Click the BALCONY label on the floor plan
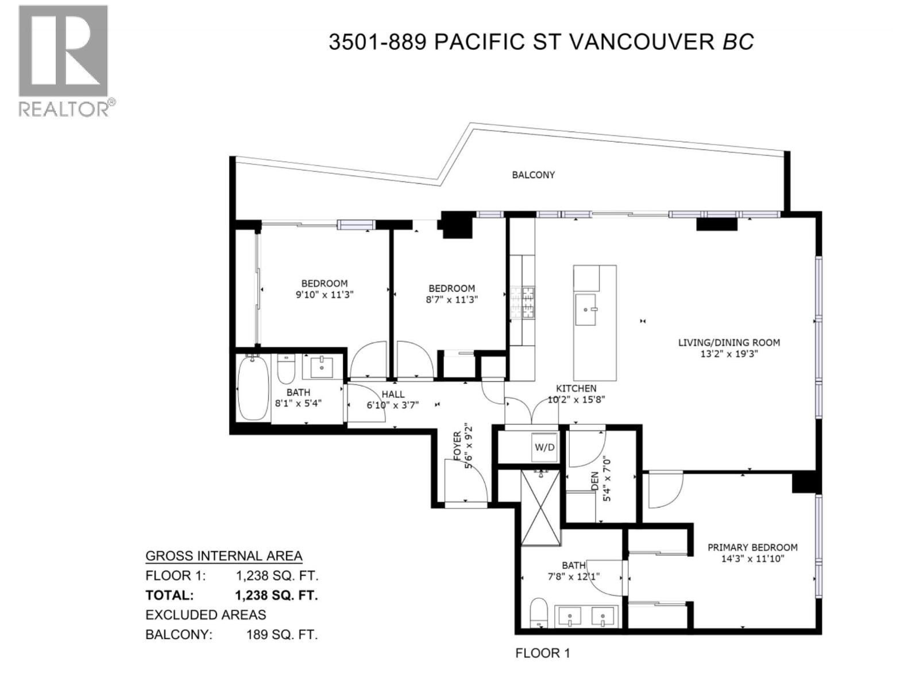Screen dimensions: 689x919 click(533, 175)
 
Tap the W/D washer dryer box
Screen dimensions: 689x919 click(545, 447)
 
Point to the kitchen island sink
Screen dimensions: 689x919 click(586, 309)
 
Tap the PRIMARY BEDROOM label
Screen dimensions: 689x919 click(752, 547)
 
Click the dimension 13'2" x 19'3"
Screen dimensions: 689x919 click(729, 354)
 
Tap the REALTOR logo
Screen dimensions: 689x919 click(64, 60)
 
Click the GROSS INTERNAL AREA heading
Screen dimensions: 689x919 click(223, 556)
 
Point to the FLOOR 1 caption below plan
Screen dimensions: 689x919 click(542, 653)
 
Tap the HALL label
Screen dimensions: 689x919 click(393, 394)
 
